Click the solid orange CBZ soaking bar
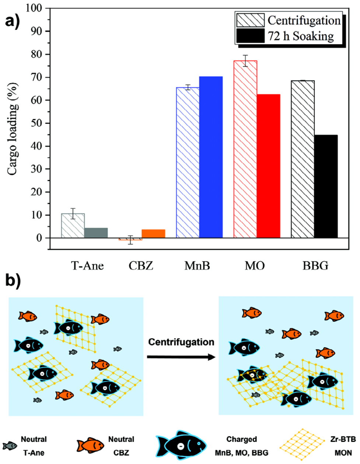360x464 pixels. [x=153, y=234]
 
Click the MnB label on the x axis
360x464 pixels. [x=197, y=265]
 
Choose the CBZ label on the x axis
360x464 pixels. [x=141, y=265]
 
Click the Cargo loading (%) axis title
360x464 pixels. [x=13, y=129]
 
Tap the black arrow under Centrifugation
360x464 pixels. [x=181, y=357]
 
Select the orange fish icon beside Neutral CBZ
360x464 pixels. [x=90, y=446]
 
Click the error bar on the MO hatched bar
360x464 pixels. [x=245, y=61]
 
